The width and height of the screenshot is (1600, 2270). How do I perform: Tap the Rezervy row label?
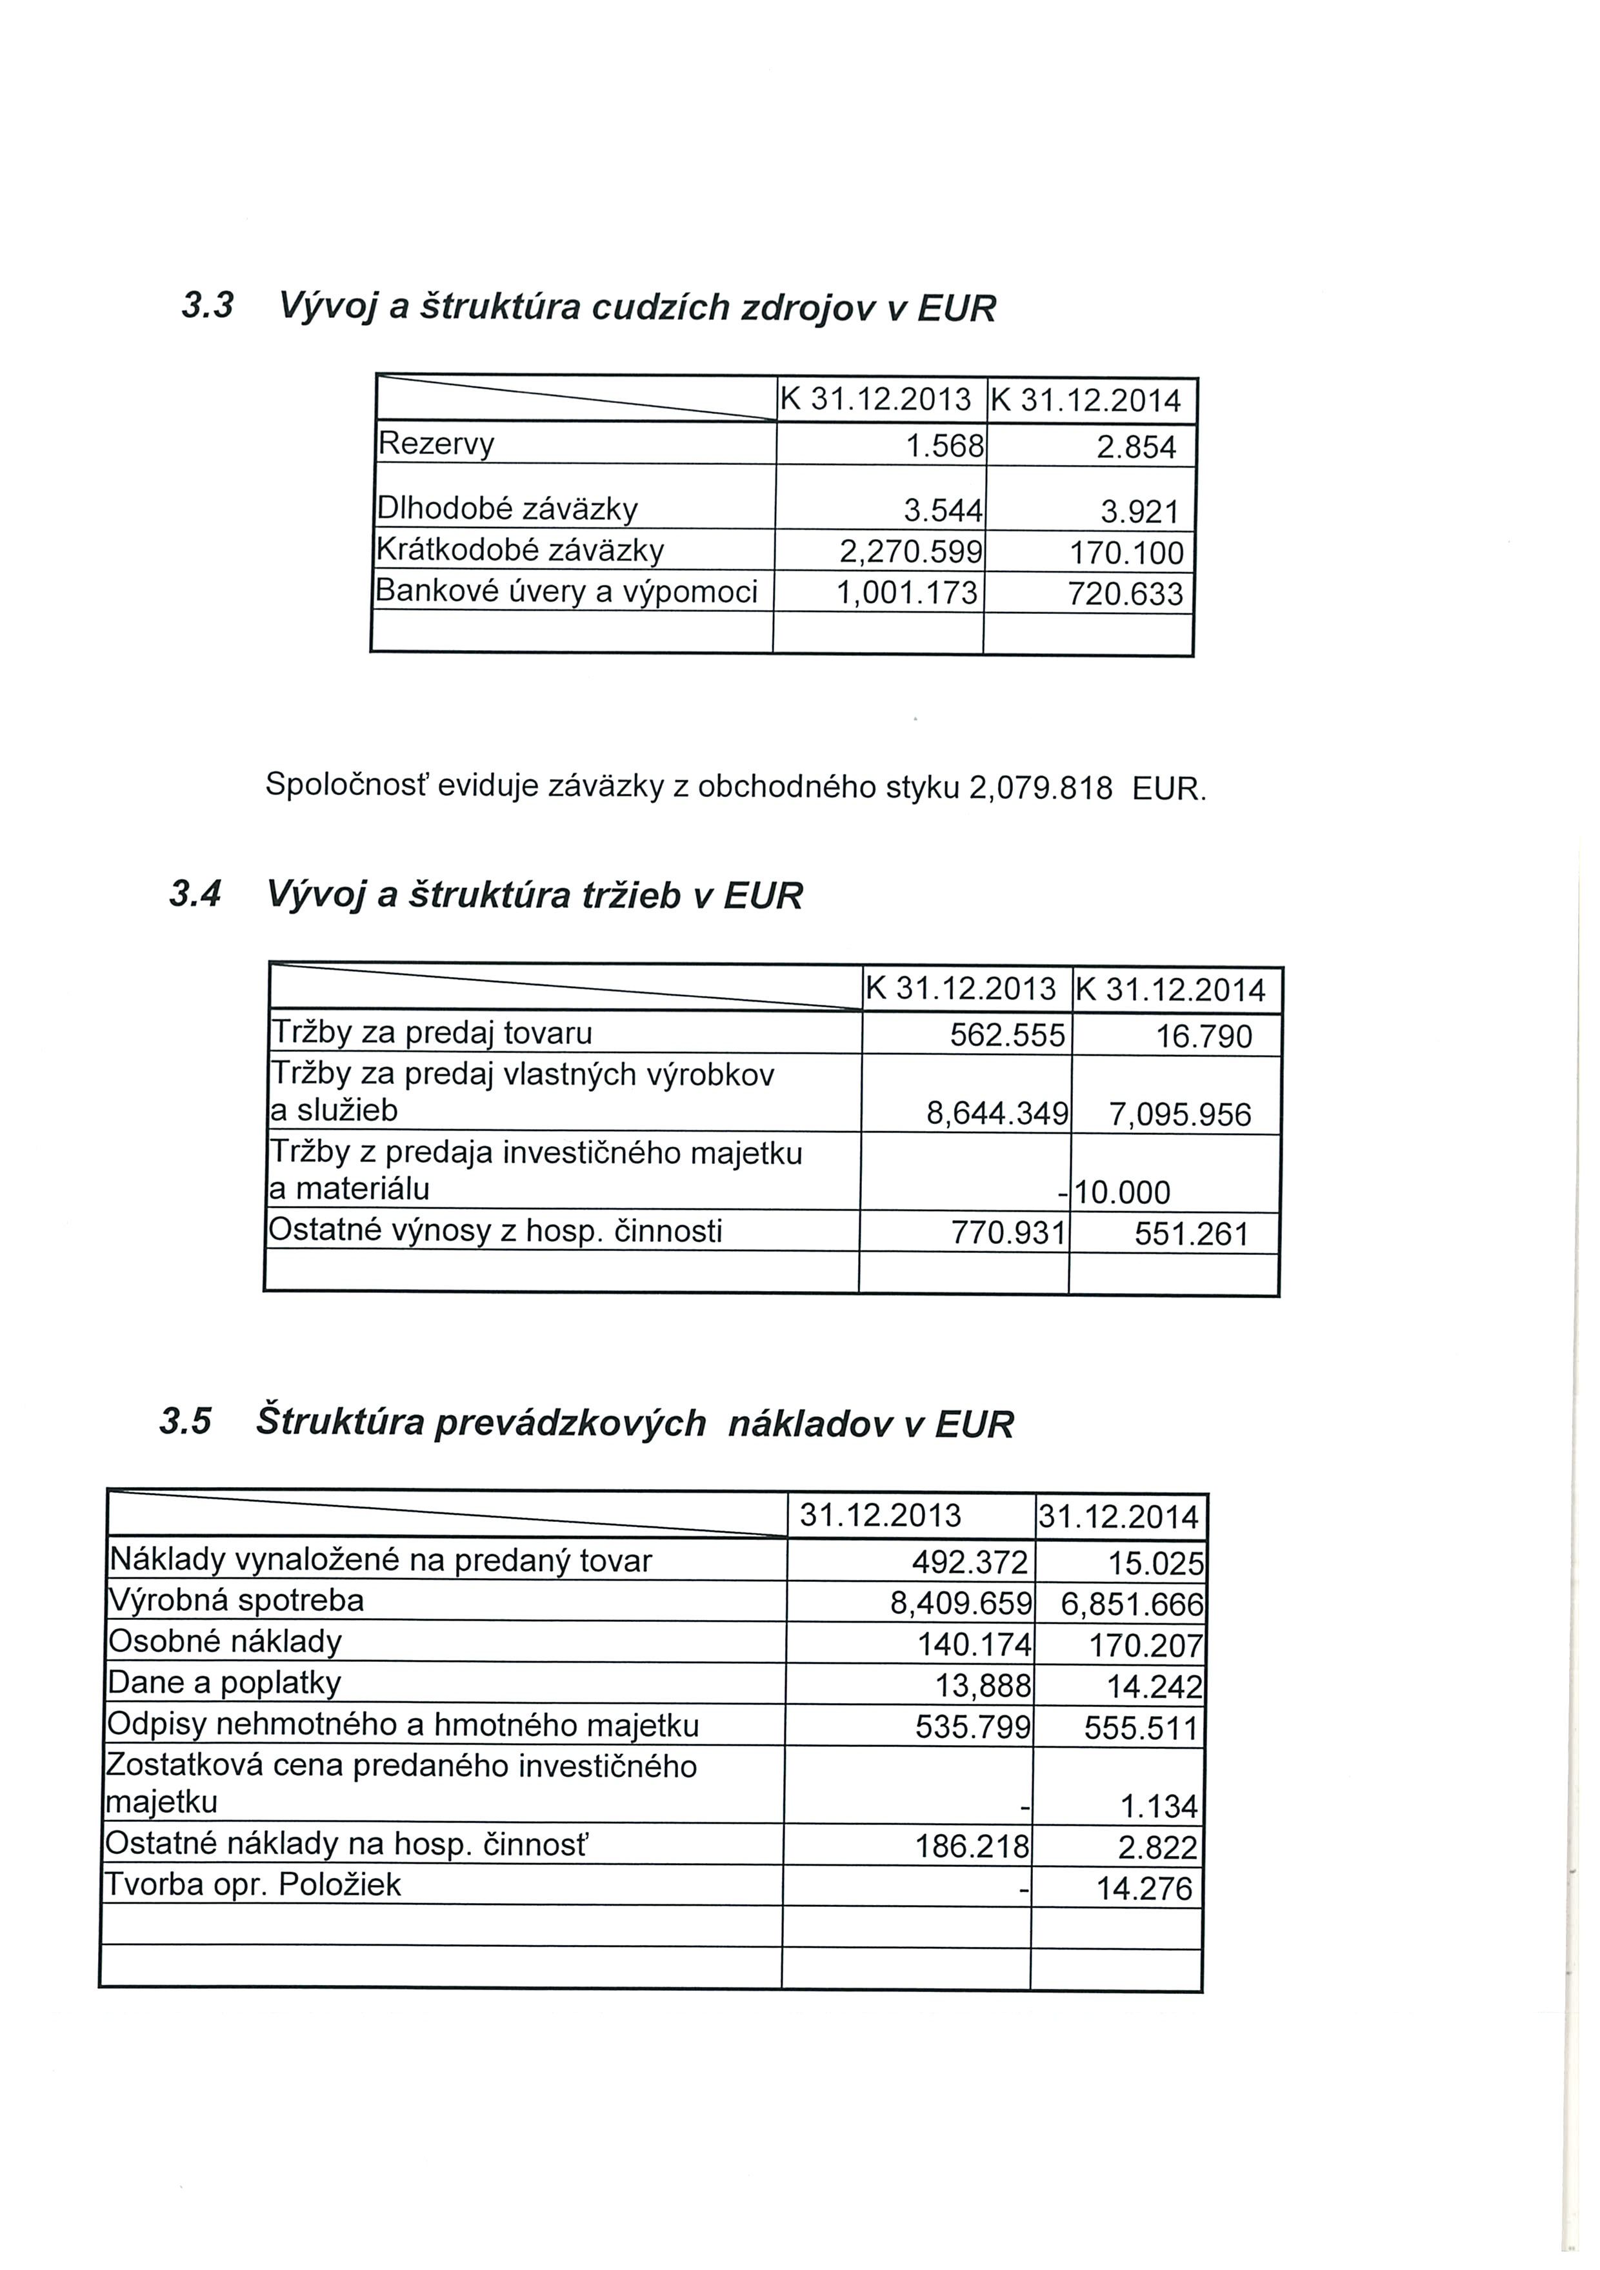(x=436, y=444)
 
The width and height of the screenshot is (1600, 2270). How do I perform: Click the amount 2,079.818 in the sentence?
(x=1040, y=788)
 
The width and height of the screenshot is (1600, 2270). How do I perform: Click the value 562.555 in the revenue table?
(x=1006, y=1035)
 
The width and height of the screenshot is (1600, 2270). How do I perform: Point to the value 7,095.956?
(x=1180, y=1115)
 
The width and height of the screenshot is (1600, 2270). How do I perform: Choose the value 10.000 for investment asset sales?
(x=1123, y=1192)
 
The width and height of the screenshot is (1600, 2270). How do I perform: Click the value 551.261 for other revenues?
(x=1192, y=1234)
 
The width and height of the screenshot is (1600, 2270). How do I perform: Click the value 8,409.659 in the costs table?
(x=960, y=1603)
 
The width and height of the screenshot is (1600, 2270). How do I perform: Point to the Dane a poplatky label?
(x=225, y=1682)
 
